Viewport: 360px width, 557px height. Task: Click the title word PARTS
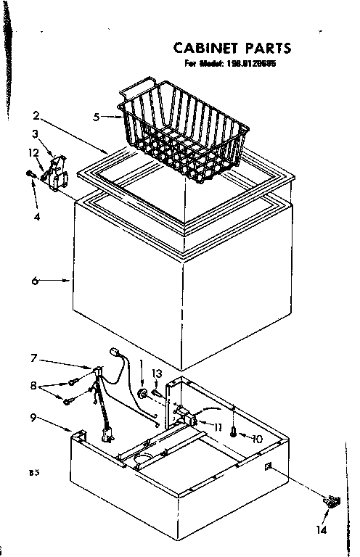(x=268, y=49)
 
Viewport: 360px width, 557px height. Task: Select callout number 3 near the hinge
(x=35, y=133)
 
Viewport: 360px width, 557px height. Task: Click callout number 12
(x=33, y=152)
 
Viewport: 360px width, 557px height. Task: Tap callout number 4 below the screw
(x=36, y=216)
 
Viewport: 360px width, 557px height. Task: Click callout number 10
(x=257, y=438)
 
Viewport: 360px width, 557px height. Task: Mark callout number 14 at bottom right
(x=322, y=530)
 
